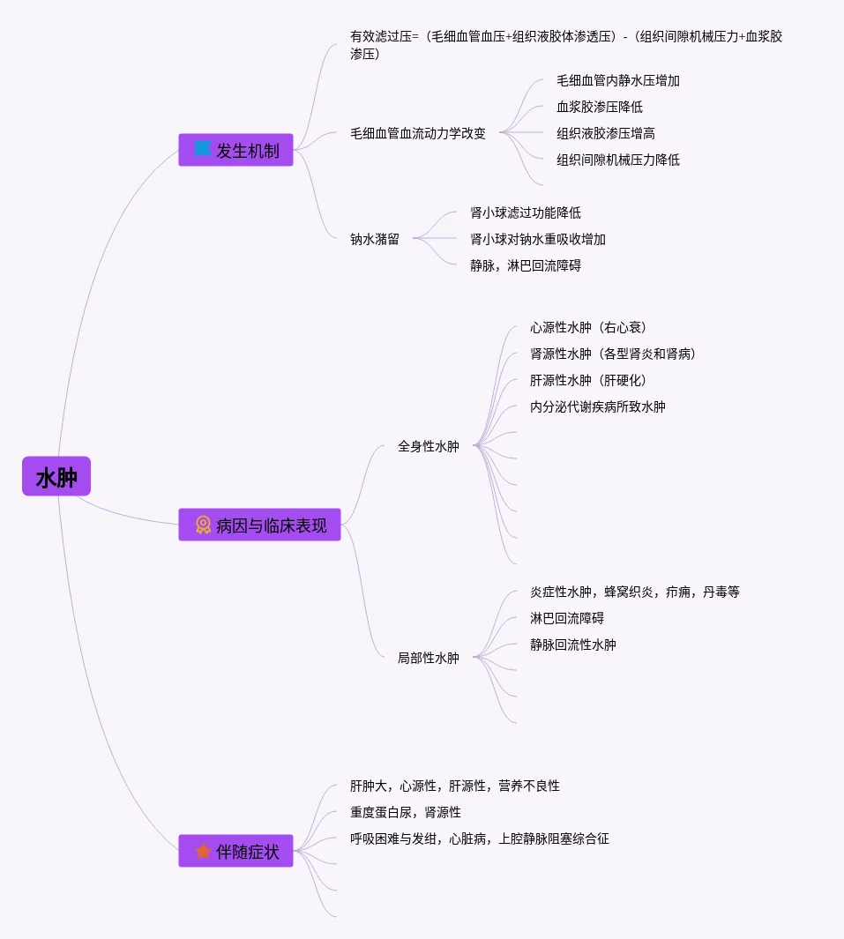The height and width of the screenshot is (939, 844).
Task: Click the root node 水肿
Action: tap(56, 477)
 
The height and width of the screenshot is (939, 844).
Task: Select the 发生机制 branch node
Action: tap(235, 150)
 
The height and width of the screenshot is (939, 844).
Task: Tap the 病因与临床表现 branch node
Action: tap(259, 525)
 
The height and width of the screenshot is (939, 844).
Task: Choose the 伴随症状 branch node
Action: tap(235, 852)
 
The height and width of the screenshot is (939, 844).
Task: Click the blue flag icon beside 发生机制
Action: tap(203, 149)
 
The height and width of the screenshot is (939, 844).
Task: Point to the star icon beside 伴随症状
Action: tap(203, 852)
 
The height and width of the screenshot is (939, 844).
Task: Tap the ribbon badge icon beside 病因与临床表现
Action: tap(203, 525)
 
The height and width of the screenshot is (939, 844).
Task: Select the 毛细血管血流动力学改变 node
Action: tap(418, 134)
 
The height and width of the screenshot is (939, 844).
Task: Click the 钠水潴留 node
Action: tap(375, 239)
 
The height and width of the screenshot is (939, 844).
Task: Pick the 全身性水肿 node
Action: tap(429, 446)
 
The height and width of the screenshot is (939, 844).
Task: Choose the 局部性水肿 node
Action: tap(429, 658)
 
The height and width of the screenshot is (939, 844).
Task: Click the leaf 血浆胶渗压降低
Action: tap(600, 107)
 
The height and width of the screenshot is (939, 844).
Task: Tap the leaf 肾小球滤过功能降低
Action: tap(526, 212)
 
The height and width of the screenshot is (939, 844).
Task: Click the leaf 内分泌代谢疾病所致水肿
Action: tap(598, 406)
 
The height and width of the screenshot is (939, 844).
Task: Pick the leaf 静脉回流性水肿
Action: tap(573, 645)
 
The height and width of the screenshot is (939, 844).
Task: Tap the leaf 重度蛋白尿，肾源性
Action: tap(406, 812)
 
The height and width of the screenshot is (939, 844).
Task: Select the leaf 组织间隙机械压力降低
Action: tap(618, 160)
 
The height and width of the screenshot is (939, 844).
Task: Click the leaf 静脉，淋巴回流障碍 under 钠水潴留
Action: tap(526, 265)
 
